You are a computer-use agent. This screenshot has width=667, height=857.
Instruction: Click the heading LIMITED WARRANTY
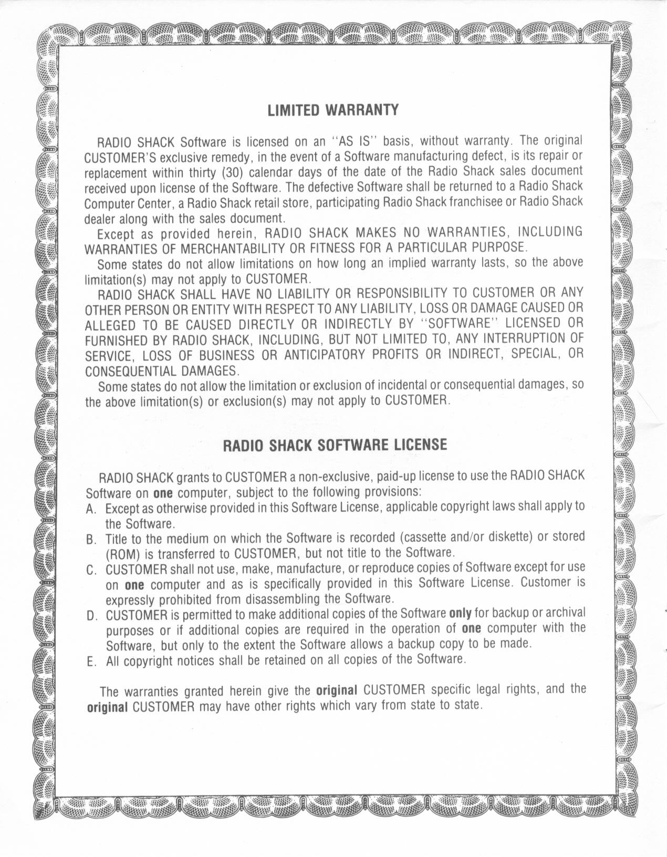pyautogui.click(x=333, y=110)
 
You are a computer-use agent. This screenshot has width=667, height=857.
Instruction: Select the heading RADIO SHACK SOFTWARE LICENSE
pyautogui.click(x=335, y=446)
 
